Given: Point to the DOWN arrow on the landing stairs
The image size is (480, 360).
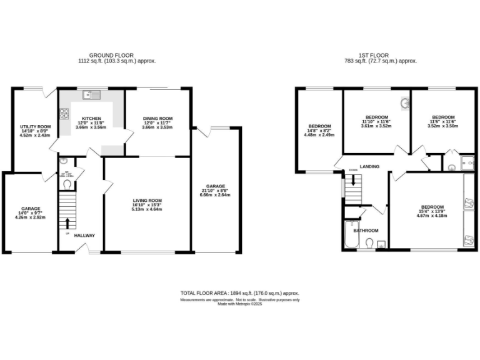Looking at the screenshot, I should pyautogui.click(x=354, y=180).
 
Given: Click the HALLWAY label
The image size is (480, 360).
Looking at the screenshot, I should pyautogui.click(x=85, y=236).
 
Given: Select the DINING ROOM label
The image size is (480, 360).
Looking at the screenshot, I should pyautogui.click(x=157, y=119).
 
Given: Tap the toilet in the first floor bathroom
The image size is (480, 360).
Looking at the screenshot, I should pyautogui.click(x=369, y=242).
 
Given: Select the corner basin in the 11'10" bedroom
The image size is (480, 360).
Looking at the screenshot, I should pyautogui.click(x=403, y=103).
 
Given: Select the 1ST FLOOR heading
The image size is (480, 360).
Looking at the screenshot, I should pyautogui.click(x=381, y=56).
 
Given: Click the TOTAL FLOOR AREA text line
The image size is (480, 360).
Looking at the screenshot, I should pyautogui.click(x=240, y=293).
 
